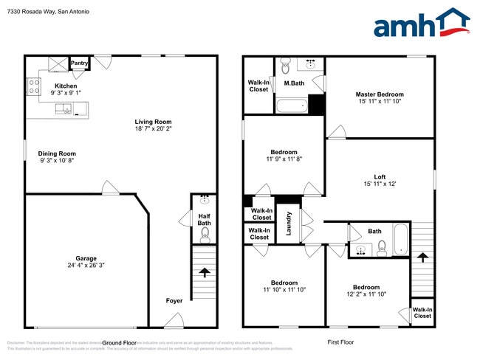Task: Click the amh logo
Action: coord(421,24)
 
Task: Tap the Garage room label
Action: coord(86,258)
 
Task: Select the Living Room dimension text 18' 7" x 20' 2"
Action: coord(153,129)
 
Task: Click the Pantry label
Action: coord(80,63)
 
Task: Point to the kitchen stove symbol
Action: coord(33,88)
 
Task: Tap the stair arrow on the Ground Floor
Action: coord(205,272)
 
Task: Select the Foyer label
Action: coord(174,300)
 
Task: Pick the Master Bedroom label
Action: coord(380,94)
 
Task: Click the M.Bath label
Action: coord(295,84)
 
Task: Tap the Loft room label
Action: coord(380,177)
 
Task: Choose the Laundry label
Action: coord(287,224)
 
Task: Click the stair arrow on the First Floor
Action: coord(422,257)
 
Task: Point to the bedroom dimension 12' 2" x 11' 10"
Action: coord(366,294)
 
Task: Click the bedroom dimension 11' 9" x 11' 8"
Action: coord(284,159)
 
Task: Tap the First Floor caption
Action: coord(342,342)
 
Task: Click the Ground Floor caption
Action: coord(120,342)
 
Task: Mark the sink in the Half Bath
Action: coord(205,201)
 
